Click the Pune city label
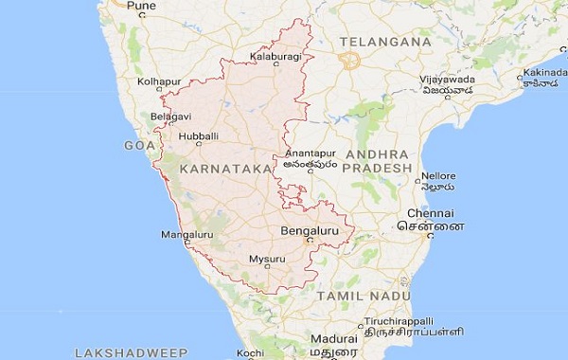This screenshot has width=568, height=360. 141,7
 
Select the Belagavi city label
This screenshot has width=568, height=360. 170,117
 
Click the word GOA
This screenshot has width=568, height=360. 138,145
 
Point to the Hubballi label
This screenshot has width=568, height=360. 198,135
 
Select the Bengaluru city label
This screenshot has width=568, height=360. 310,230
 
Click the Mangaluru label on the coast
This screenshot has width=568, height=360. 187,233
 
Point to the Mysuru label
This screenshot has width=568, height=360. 266,259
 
